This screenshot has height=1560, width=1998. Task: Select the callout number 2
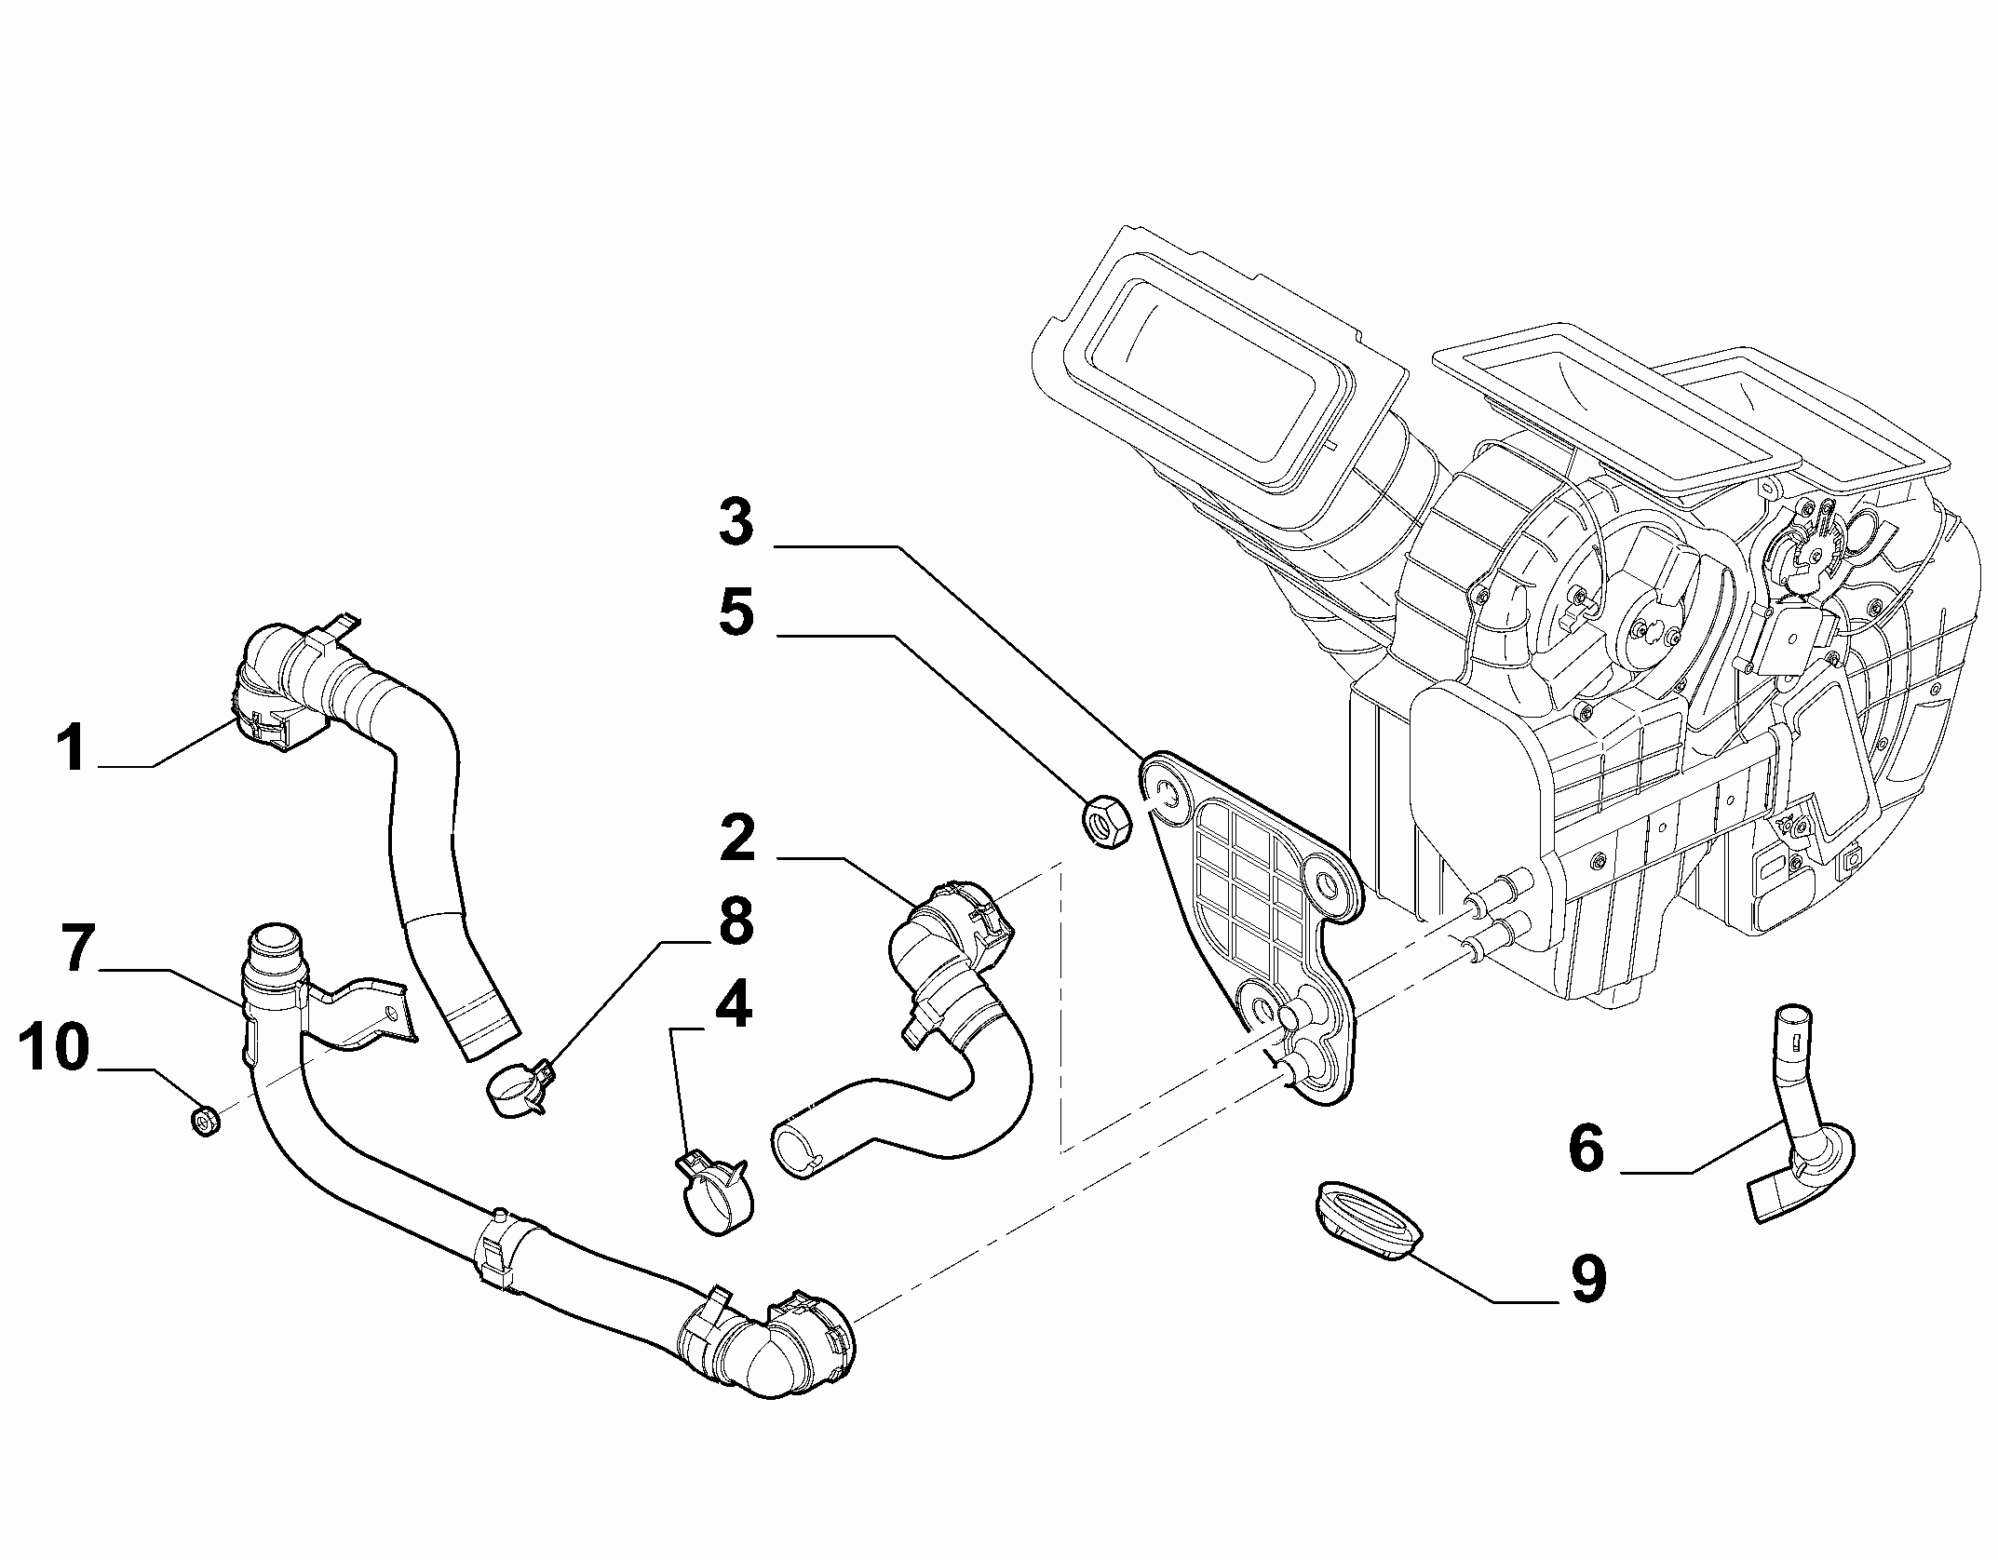pos(737,841)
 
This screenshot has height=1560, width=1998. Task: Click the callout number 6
pos(1586,1149)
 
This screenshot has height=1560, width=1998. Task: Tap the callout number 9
pos(1587,1277)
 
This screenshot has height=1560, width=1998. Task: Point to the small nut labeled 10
pos(205,1120)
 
